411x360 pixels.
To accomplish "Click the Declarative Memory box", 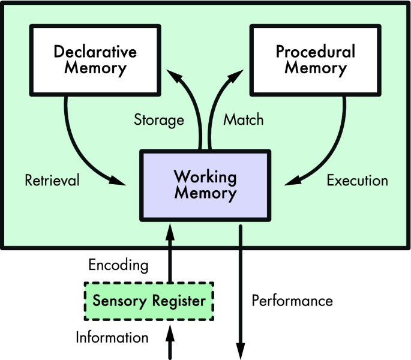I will (95, 59).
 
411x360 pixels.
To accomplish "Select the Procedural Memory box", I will (315, 59).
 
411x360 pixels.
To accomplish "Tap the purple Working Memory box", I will (205, 185).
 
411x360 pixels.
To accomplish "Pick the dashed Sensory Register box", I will (149, 301).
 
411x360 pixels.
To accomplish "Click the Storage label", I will (158, 120).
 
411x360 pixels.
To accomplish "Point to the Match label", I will (243, 119).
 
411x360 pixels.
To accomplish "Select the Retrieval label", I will (52, 181).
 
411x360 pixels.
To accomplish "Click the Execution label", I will (357, 180).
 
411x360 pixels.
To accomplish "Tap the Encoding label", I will (118, 265).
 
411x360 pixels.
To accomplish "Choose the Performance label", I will (292, 300).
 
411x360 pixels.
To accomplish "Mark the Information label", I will (112, 338).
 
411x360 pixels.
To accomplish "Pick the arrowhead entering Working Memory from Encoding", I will (171, 229).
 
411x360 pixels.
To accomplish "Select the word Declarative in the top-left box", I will (95, 51).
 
